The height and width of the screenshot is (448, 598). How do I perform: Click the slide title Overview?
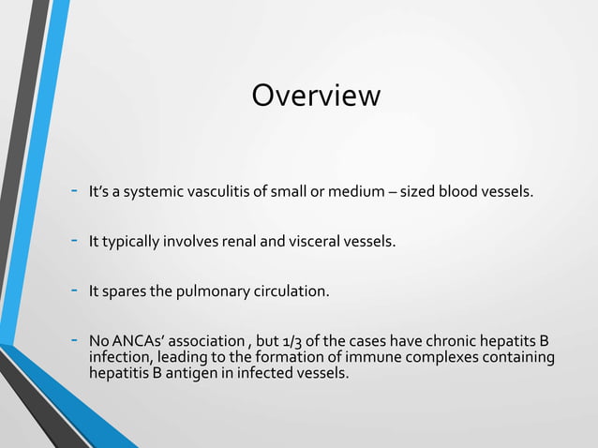pos(316,97)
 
